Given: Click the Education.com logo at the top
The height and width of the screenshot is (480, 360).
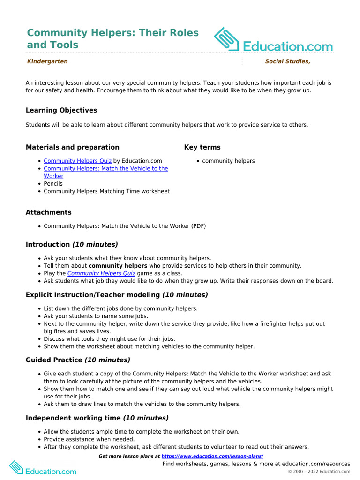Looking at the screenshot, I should point(273,40).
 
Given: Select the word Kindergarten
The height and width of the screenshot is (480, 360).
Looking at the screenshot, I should point(47,61).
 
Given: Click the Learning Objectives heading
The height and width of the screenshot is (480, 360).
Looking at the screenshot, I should point(61,110).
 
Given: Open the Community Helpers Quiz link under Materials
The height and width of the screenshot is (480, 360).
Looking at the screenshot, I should point(77,161).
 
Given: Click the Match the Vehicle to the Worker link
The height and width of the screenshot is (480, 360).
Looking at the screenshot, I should point(105,169).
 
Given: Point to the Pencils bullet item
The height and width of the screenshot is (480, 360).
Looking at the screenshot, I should point(53,184).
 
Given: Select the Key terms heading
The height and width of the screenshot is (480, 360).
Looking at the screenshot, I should point(202,147).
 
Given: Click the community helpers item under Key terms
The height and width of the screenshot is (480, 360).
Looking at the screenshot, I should point(228,161).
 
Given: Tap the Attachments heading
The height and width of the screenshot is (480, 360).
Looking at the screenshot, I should point(49,212).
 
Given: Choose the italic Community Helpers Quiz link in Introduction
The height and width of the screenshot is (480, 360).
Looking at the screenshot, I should point(101,273).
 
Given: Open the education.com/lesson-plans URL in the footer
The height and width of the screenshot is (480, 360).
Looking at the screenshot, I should point(212,456).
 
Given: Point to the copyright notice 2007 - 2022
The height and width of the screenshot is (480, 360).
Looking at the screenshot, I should point(319,472).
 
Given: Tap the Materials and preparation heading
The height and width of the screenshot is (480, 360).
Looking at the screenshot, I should point(72,147).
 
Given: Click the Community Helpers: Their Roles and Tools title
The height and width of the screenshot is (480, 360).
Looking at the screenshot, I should point(112,39).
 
